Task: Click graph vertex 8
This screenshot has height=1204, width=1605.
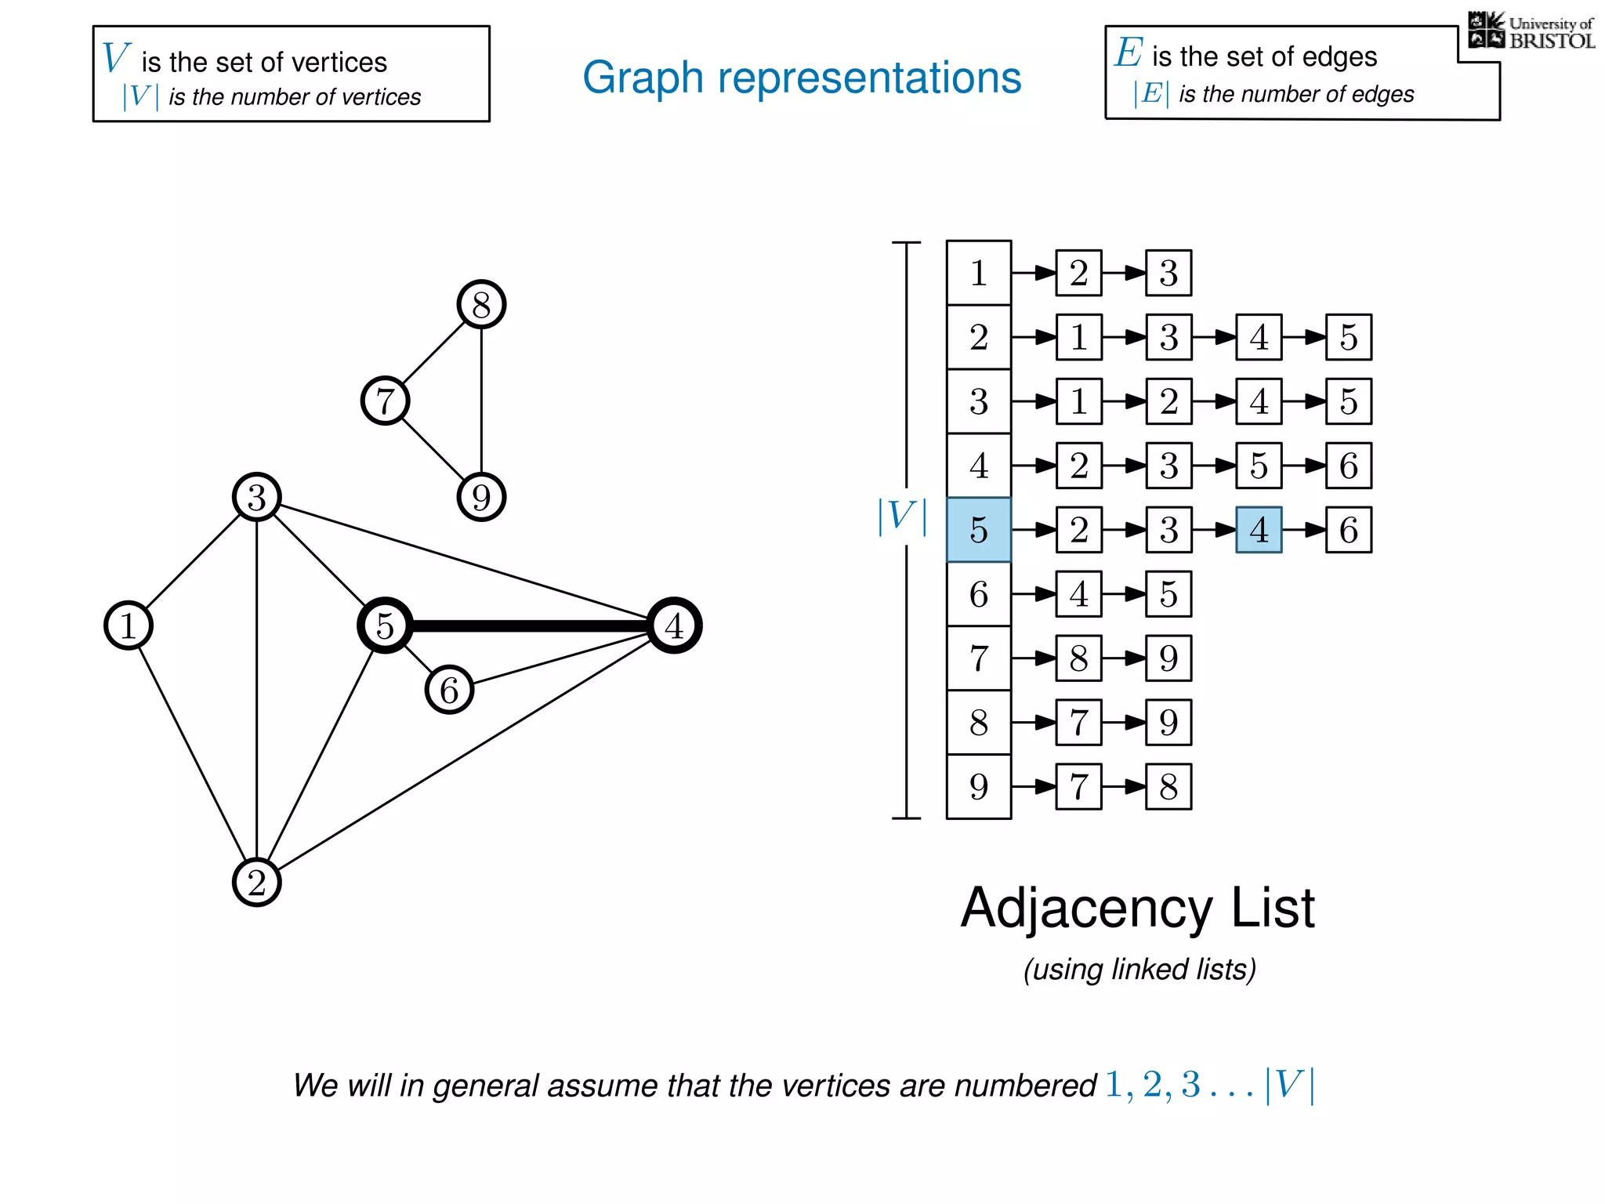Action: click(481, 304)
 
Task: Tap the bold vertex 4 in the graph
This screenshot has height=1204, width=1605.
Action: click(674, 626)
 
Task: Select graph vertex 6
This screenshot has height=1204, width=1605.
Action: click(449, 690)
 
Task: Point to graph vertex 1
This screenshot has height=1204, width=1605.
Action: click(129, 626)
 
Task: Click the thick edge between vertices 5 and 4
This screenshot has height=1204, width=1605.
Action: click(529, 626)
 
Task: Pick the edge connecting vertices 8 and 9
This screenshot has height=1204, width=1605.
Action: click(481, 400)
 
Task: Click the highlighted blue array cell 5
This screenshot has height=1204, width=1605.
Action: click(978, 530)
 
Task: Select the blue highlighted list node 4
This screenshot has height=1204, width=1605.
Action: click(1259, 530)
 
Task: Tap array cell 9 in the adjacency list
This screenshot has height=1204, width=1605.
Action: click(978, 786)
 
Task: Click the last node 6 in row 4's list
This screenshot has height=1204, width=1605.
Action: click(1348, 466)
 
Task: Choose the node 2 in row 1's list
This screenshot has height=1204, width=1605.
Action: click(1078, 273)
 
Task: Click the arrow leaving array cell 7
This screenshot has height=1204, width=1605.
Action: click(1033, 658)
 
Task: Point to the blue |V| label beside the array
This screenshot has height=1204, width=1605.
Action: click(902, 517)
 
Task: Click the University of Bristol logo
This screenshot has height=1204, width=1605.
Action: click(1530, 31)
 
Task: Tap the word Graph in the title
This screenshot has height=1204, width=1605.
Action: click(643, 78)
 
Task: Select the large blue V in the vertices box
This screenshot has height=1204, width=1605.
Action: click(115, 58)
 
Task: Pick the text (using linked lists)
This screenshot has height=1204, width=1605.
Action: click(1139, 970)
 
